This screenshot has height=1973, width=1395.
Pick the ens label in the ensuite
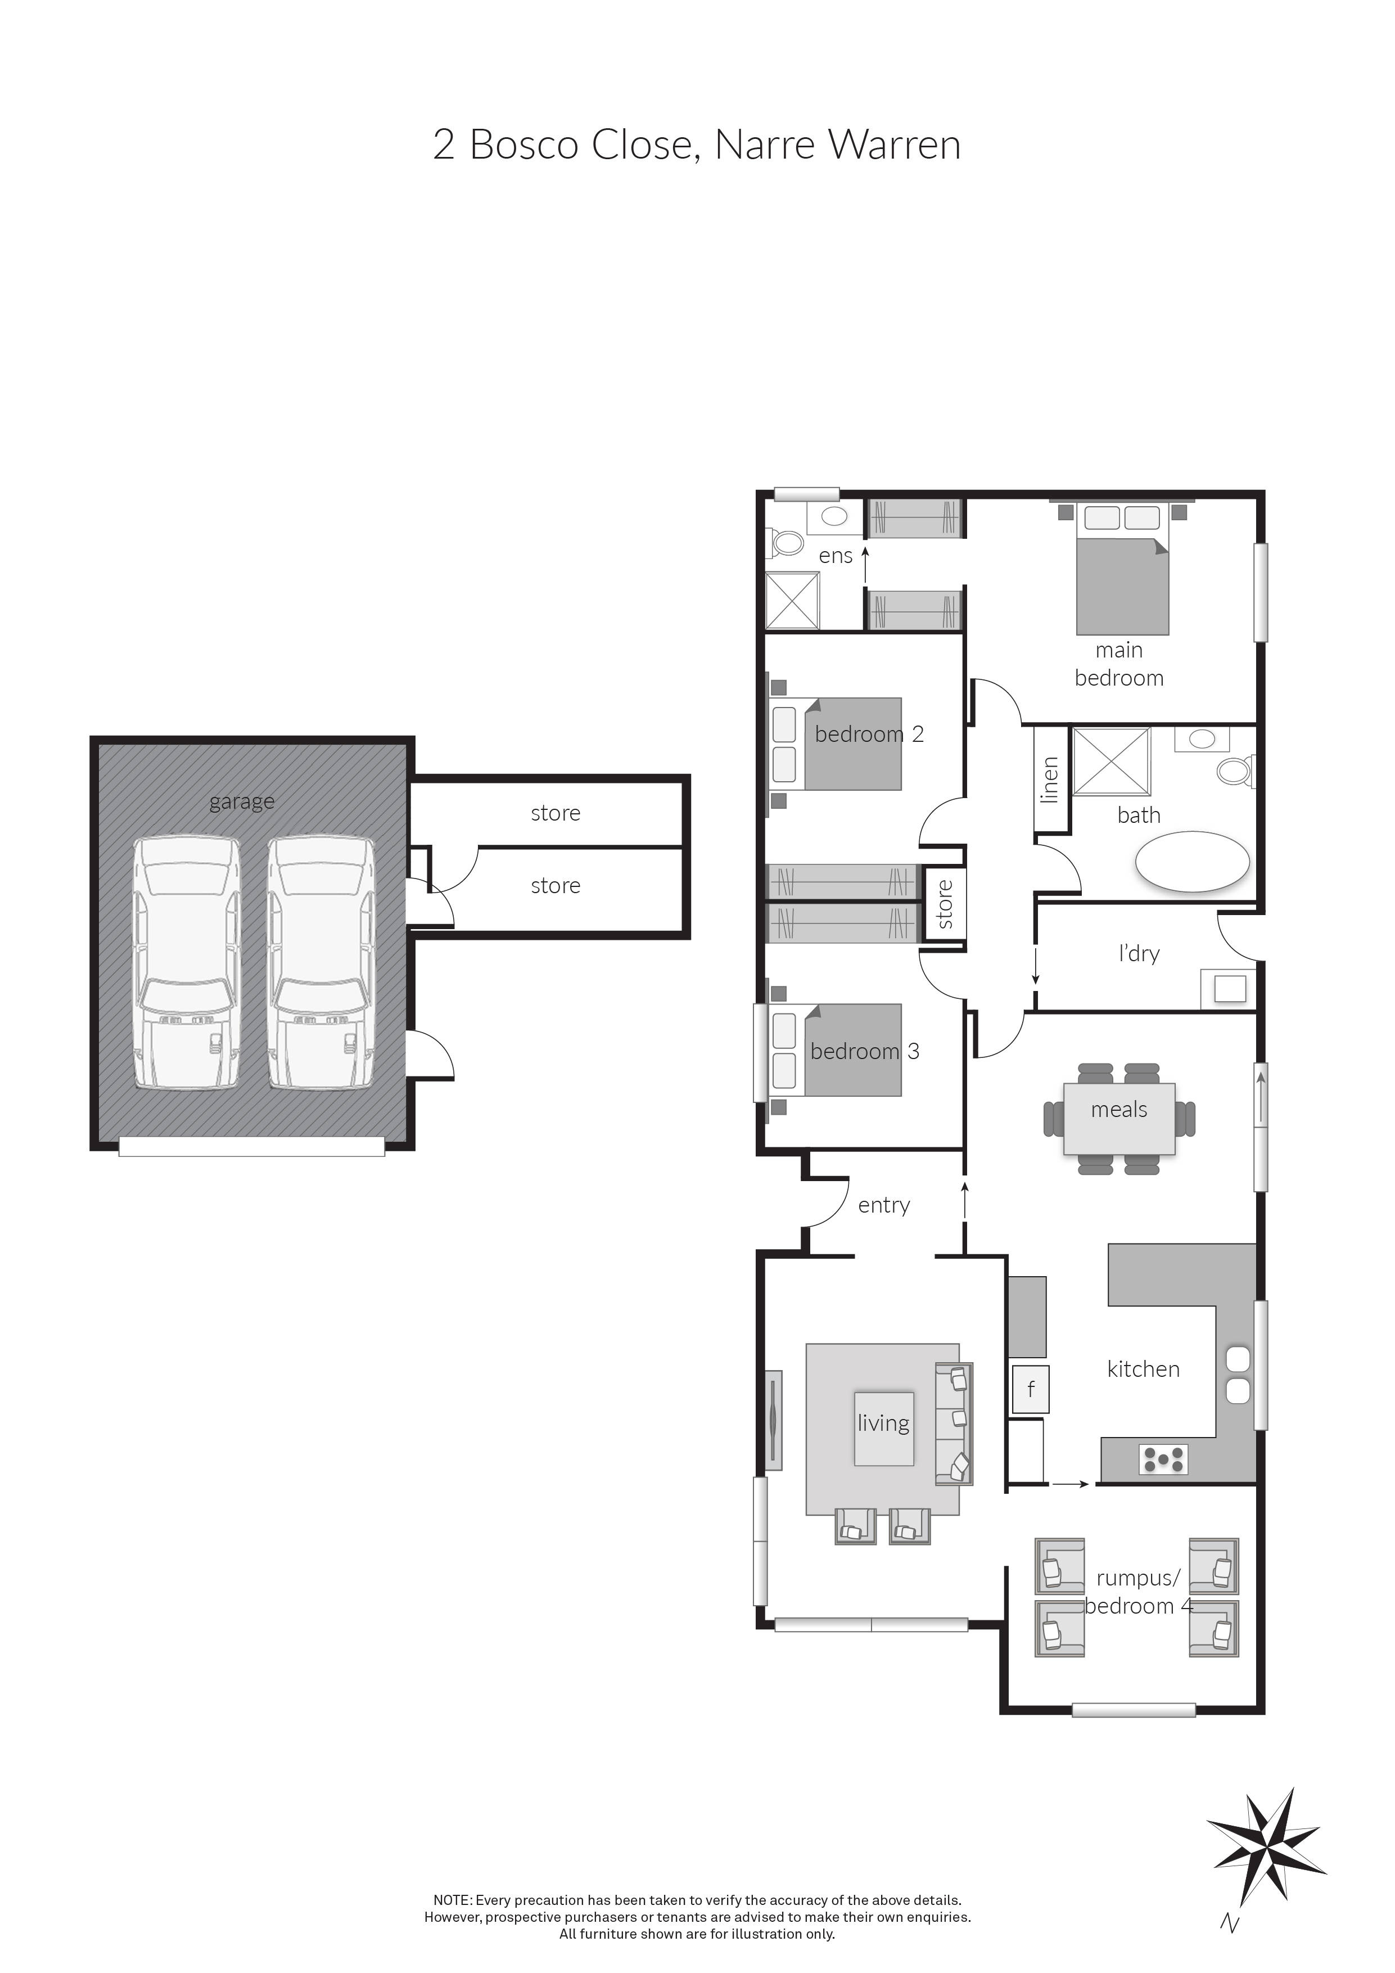click(835, 556)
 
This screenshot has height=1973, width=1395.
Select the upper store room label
click(555, 813)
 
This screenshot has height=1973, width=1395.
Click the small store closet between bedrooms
click(945, 904)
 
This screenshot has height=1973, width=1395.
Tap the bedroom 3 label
click(864, 1051)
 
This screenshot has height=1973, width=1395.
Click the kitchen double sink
click(1237, 1375)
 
